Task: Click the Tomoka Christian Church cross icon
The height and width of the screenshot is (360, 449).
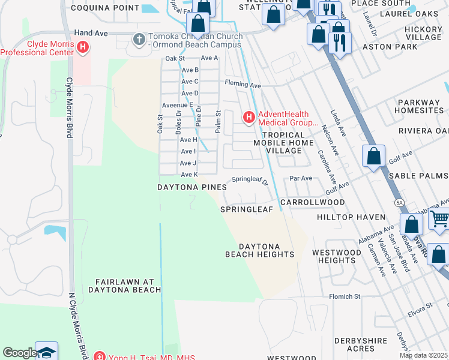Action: coord(139,40)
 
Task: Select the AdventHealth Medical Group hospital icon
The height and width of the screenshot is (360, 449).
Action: coord(249,118)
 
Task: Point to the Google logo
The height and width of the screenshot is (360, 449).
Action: coord(19,353)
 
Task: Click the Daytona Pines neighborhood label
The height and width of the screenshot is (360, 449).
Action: coord(192,187)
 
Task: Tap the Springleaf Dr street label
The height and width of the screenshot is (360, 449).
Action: coord(249,179)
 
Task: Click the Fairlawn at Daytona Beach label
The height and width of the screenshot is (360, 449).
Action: coord(128,286)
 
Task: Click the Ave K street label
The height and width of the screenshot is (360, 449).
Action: coord(188,175)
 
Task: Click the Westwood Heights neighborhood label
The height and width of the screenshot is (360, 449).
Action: coord(337,256)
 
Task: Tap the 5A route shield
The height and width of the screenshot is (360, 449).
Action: coord(399,203)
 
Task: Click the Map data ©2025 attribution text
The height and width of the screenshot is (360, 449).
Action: coord(423,355)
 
